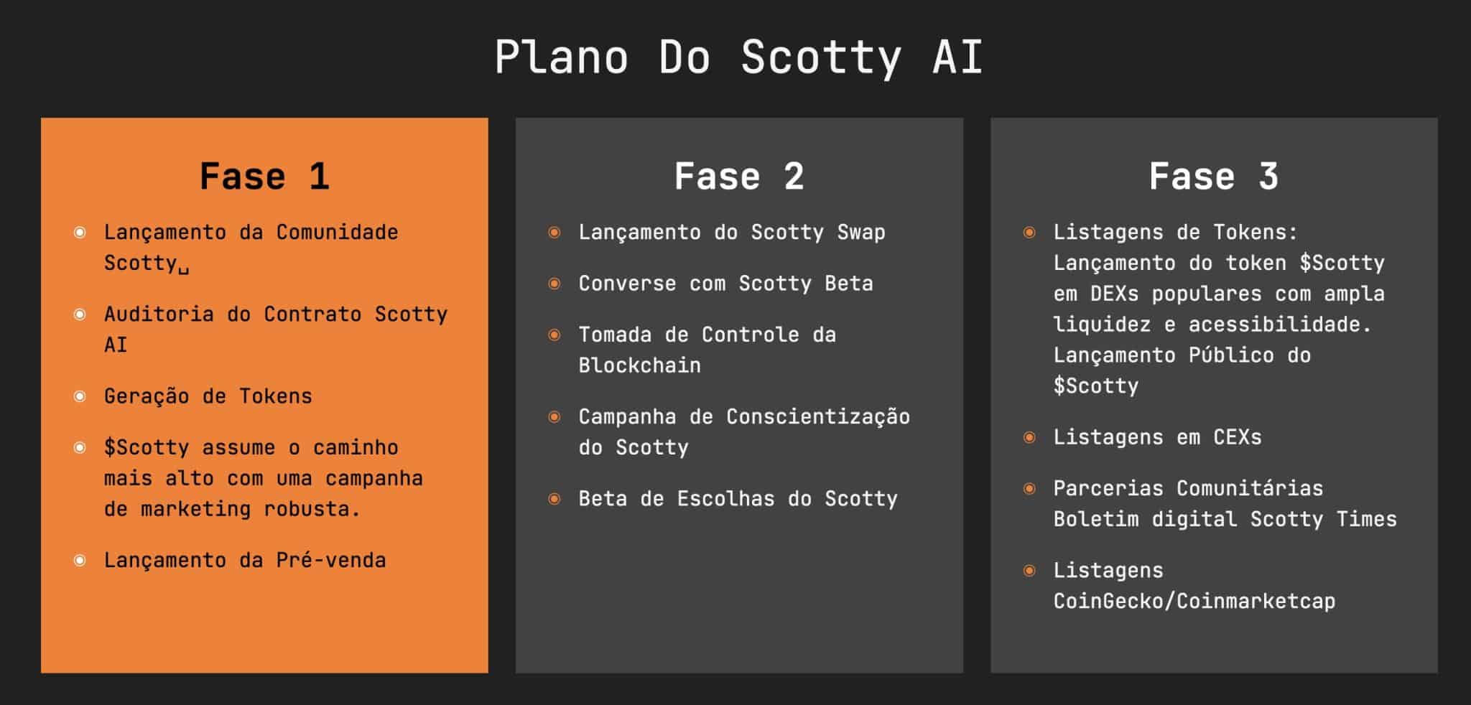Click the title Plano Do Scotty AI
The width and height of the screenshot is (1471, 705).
[738, 57]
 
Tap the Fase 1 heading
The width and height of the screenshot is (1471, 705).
[264, 177]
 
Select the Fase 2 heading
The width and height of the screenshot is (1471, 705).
[739, 177]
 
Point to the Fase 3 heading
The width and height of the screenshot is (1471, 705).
[1214, 177]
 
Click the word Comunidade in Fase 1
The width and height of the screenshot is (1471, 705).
[337, 232]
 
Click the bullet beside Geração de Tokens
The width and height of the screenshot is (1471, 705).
[80, 396]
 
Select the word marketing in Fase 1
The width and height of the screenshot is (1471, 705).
[196, 509]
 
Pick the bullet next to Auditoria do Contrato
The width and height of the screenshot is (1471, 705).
[80, 314]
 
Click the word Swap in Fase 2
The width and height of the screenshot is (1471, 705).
[861, 232]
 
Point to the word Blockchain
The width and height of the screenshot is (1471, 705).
[639, 365]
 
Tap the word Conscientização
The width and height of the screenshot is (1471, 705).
[818, 417]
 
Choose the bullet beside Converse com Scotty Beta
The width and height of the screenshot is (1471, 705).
[554, 284]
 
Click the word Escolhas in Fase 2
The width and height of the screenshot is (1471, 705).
[726, 499]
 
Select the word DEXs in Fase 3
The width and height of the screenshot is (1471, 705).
[1115, 294]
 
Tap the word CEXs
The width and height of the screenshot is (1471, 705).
[1238, 437]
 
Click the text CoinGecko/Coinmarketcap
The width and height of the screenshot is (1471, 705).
[1194, 601]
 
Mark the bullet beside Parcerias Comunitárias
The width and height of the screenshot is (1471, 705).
[1029, 489]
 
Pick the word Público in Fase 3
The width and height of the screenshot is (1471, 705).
[1231, 355]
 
